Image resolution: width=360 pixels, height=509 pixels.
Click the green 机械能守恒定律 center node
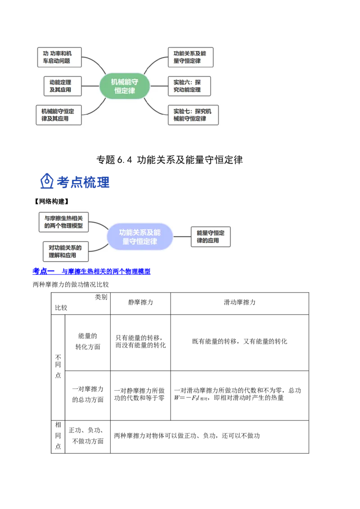click(x=125, y=86)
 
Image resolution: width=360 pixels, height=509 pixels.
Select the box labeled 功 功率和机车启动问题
click(x=59, y=57)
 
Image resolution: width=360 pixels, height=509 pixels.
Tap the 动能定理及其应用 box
click(x=63, y=86)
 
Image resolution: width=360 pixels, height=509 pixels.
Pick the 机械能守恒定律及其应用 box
click(x=59, y=115)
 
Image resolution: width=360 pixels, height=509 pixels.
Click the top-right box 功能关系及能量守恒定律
click(x=191, y=57)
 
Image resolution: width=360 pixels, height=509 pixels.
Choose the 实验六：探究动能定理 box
click(x=189, y=86)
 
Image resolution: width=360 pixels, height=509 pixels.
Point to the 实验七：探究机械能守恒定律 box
click(x=193, y=115)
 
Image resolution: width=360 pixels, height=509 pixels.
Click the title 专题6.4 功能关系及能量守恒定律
click(x=170, y=160)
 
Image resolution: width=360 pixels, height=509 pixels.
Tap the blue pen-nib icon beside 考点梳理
click(x=47, y=181)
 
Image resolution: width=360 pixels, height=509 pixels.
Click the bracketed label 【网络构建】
click(x=52, y=201)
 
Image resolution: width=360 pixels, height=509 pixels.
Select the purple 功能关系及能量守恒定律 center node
click(x=139, y=237)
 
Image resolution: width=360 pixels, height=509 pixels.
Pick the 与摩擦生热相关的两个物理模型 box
click(x=64, y=222)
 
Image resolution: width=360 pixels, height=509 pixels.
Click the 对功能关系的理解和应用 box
click(x=66, y=251)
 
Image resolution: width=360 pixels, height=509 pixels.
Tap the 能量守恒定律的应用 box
click(x=211, y=237)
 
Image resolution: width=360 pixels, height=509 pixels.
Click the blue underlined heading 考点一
click(x=44, y=272)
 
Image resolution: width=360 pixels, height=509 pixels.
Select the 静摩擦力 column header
click(x=140, y=303)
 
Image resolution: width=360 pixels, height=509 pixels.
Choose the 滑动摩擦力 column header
click(x=240, y=303)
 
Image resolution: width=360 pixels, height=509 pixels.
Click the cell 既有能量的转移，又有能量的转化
click(x=240, y=341)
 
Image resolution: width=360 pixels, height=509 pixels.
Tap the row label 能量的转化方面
click(x=88, y=341)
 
